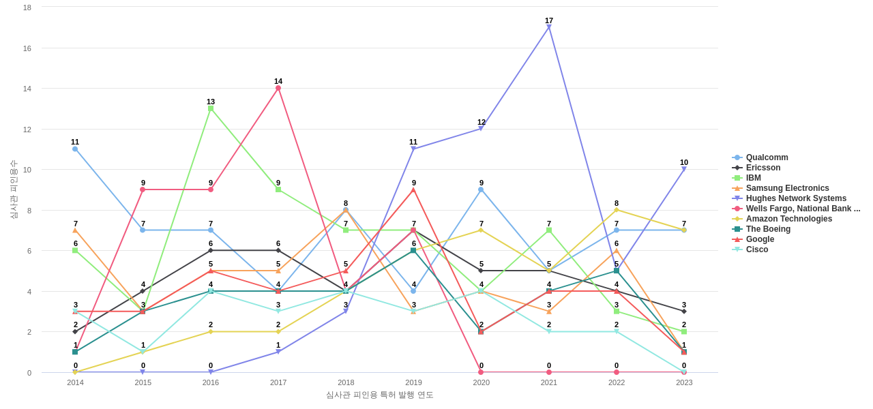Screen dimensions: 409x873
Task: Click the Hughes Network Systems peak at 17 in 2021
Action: (x=548, y=27)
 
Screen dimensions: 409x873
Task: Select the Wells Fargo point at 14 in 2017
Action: (x=278, y=88)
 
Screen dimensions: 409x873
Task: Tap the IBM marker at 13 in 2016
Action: (x=211, y=108)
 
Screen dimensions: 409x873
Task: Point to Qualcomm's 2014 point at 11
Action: (x=75, y=149)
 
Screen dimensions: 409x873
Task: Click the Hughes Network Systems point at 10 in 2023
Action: (x=684, y=169)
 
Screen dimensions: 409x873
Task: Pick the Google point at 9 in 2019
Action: (x=413, y=190)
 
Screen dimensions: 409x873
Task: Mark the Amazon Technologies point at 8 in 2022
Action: (x=617, y=210)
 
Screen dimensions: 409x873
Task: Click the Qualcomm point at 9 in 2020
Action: (x=481, y=190)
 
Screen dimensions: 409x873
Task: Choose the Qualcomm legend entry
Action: (x=767, y=157)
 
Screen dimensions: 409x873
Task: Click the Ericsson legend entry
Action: (x=763, y=168)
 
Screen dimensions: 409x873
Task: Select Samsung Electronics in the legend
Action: (x=787, y=188)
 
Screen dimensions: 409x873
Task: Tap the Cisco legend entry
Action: (x=756, y=249)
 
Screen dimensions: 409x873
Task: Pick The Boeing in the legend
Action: (x=768, y=229)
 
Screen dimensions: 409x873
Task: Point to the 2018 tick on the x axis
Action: (x=346, y=382)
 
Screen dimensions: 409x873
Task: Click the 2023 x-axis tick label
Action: (x=684, y=382)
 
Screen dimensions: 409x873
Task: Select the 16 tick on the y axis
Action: (x=27, y=48)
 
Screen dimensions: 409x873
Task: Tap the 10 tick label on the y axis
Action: (x=27, y=170)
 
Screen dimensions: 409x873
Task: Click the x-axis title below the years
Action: (x=379, y=395)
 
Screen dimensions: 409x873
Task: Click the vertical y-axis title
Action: (x=14, y=190)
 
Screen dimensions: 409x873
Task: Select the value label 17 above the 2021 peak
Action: (x=549, y=20)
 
